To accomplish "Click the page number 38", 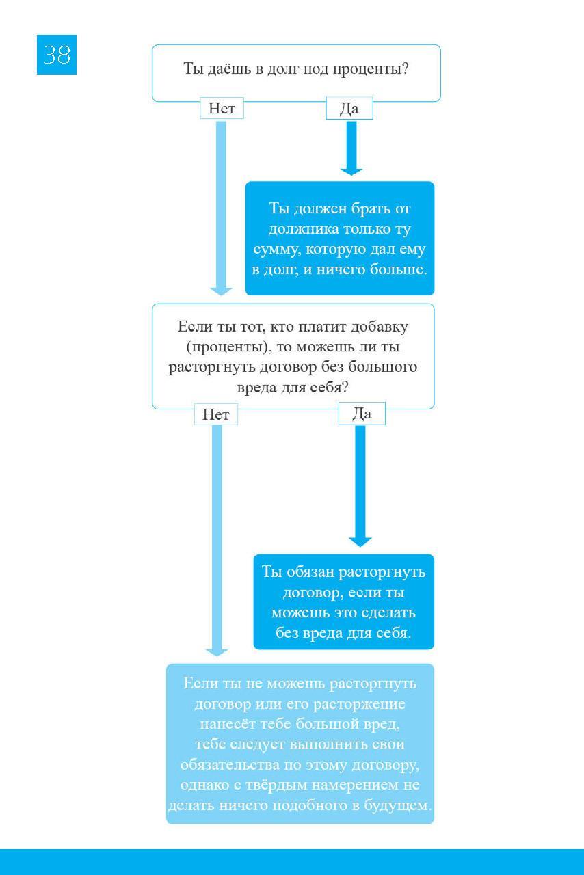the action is tap(57, 55).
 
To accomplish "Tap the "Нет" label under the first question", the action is tap(222, 108).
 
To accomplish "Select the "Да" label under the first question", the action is tap(349, 108).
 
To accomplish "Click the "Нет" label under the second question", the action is tap(216, 414).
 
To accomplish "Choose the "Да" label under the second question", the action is tap(362, 414).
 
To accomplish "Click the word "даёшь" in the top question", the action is tap(230, 69).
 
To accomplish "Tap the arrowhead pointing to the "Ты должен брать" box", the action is tap(351, 172).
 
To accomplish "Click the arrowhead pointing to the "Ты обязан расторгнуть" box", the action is tap(360, 542).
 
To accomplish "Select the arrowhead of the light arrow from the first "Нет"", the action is tap(221, 291).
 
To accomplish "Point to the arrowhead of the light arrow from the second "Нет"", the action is tap(217, 653).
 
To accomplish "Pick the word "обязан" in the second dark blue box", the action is tap(310, 572).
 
